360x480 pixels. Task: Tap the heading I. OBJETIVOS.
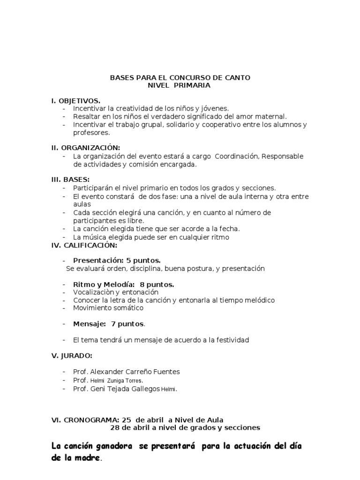click(x=75, y=101)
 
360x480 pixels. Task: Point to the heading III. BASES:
click(x=70, y=179)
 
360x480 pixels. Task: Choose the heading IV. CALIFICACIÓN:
click(x=84, y=245)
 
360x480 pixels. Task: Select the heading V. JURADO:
click(x=72, y=356)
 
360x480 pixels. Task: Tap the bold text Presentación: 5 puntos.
click(x=117, y=260)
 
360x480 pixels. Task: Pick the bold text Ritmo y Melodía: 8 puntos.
click(x=124, y=285)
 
